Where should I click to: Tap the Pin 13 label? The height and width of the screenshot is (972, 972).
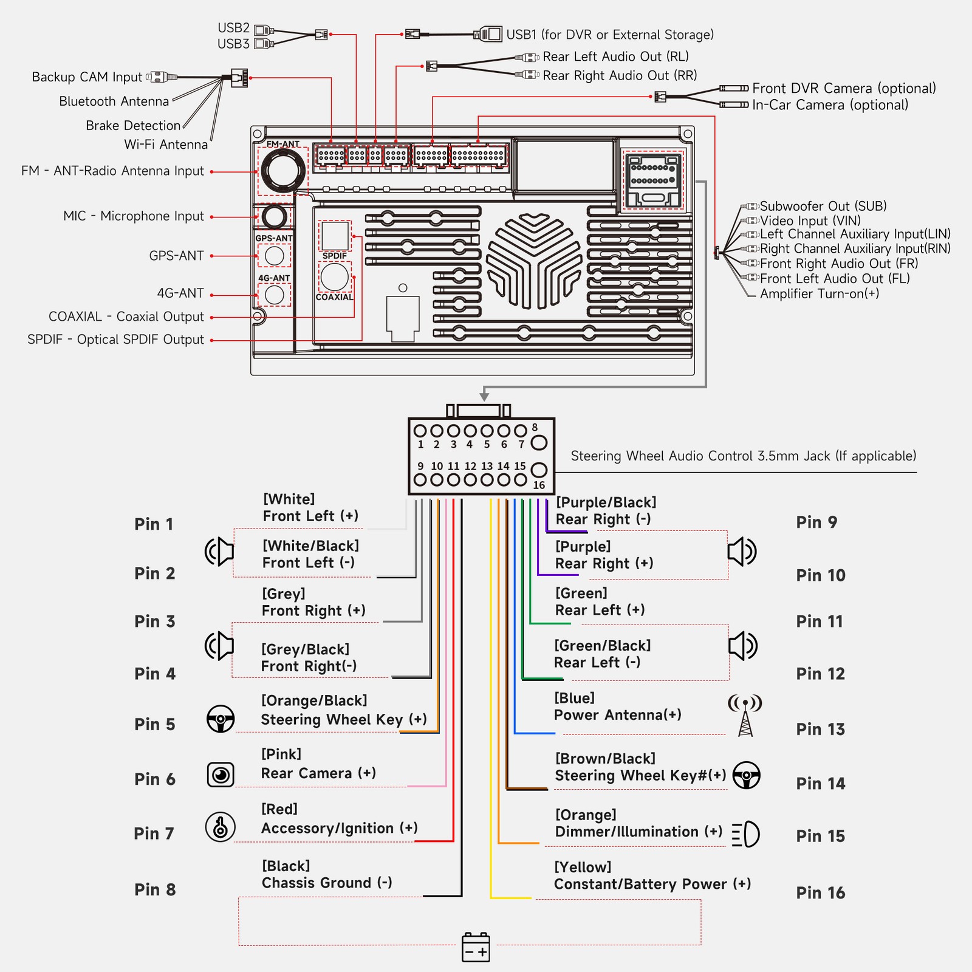[x=820, y=729]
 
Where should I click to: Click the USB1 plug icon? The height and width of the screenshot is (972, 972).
[x=488, y=34]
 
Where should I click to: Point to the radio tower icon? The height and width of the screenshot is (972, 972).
[x=745, y=715]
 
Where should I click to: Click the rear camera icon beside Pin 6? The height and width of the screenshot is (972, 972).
[x=221, y=775]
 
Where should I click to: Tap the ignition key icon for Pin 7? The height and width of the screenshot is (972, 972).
[x=221, y=827]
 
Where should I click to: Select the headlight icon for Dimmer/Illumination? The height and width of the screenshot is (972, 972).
[x=745, y=834]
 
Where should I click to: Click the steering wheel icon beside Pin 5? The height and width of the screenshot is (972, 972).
[x=221, y=719]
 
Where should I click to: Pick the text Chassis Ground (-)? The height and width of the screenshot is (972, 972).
[x=327, y=883]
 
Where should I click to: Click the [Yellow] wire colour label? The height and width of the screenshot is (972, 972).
[x=583, y=867]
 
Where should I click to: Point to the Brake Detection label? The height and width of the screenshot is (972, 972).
[x=133, y=126]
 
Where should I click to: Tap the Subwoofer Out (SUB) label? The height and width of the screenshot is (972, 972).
[x=823, y=206]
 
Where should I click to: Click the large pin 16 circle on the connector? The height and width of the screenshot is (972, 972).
[x=539, y=470]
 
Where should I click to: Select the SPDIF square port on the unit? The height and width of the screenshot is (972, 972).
[x=335, y=236]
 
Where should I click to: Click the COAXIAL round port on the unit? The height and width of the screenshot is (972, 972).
[x=335, y=277]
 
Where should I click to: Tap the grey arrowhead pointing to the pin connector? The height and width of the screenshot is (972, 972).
[x=484, y=397]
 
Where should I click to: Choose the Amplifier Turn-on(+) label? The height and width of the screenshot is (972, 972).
[x=820, y=294]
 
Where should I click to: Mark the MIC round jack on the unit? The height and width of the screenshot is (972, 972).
[x=275, y=217]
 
